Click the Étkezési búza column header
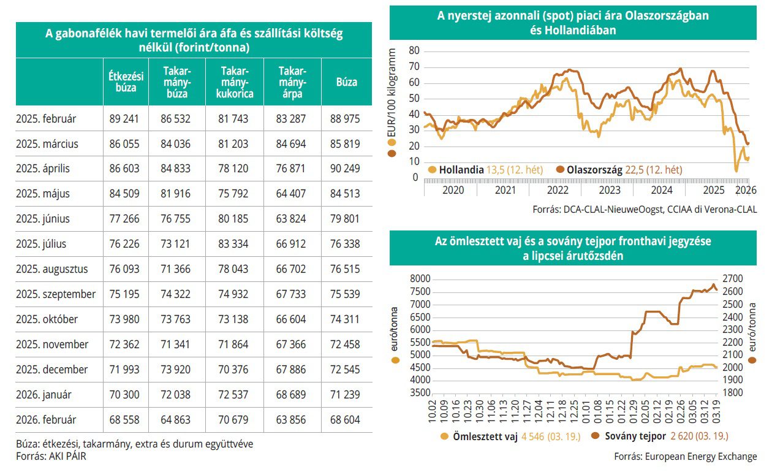126,82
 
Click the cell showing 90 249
346,169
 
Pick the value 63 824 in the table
291,219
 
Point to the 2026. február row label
47,420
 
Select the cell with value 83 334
233,244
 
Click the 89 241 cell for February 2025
126,118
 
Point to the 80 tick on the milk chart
412,50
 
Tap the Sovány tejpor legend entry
632,437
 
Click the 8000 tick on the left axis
418,279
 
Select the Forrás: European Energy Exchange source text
685,457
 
